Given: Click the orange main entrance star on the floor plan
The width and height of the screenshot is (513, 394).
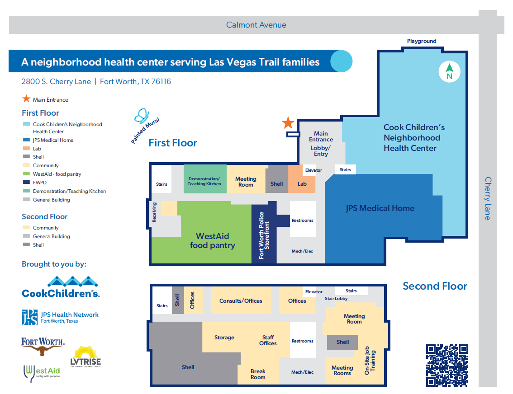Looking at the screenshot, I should [x=288, y=122].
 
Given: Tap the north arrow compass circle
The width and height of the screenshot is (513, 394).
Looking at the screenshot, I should [x=449, y=72].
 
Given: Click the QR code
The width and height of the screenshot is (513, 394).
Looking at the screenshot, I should [x=446, y=365].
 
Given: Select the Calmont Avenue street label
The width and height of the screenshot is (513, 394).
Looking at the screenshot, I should [x=256, y=25].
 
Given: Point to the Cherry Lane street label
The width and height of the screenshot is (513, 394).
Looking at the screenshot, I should [x=488, y=198].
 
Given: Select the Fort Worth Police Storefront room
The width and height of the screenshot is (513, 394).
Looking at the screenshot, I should [x=264, y=235].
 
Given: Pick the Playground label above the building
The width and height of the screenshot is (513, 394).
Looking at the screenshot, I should [x=422, y=41].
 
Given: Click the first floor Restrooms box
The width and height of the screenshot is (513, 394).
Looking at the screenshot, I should [x=303, y=220].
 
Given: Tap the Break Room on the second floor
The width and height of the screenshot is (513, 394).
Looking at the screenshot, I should [x=258, y=374].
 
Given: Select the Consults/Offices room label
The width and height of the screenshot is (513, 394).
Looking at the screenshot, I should [x=241, y=300].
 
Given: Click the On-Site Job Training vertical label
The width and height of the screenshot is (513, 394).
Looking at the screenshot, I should [x=370, y=361].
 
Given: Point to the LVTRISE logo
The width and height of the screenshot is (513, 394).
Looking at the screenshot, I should [x=85, y=357].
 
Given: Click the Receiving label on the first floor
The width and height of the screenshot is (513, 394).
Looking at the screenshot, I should [x=154, y=212].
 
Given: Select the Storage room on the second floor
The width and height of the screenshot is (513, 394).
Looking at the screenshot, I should [x=224, y=338].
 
